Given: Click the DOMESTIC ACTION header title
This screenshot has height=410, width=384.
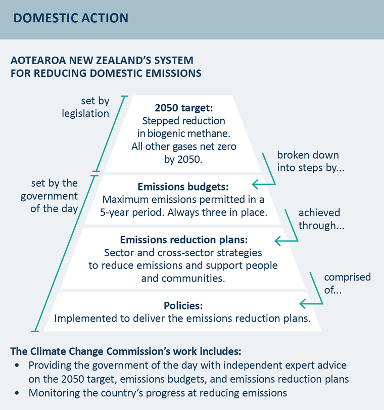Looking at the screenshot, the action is point(71,18).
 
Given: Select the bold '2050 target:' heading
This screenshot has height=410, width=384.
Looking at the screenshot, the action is point(184,108).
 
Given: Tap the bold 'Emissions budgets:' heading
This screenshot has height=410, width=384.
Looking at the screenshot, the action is point(183,187).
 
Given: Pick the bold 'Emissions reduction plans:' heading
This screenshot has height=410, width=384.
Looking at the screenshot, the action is point(184,240).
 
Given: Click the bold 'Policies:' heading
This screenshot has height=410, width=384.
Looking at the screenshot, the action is point(183,306).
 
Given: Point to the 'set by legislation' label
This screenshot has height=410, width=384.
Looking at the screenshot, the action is point(85,107).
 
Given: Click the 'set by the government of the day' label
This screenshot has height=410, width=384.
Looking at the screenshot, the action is point(50,196).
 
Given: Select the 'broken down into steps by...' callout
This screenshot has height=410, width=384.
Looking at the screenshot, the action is point(311,161).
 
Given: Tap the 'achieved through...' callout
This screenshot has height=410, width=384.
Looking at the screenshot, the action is point(321,219).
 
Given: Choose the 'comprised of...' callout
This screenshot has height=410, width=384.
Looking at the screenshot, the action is point(348,284).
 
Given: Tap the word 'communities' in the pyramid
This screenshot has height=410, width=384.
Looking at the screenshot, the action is point(193,279).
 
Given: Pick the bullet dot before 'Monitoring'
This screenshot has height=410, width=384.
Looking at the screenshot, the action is point(17,393).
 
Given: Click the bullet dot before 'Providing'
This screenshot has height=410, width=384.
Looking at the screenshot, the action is point(17,365).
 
